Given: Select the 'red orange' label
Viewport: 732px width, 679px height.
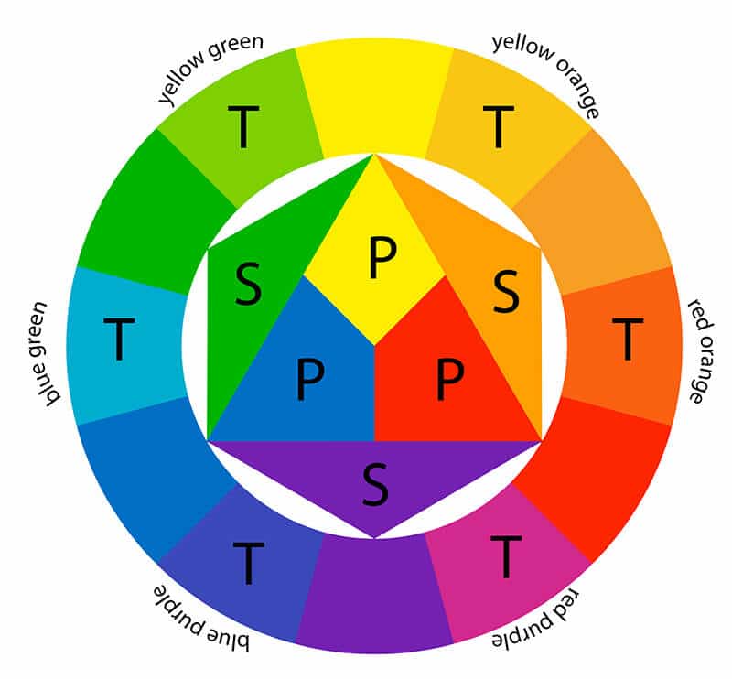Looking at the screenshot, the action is [702, 350].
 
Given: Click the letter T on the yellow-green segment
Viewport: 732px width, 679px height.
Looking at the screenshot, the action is [243, 126].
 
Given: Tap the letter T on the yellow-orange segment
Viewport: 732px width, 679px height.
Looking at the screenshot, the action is [498, 126].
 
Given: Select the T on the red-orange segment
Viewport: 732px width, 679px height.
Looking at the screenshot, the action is [628, 339].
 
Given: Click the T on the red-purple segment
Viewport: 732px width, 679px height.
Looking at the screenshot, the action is [506, 556].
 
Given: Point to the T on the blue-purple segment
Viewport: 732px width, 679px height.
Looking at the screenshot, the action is [248, 563].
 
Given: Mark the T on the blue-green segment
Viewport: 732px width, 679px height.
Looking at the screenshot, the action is [119, 339].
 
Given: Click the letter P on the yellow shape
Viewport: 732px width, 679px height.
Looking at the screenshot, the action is [382, 257].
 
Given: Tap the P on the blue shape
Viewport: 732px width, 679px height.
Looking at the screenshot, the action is [310, 379].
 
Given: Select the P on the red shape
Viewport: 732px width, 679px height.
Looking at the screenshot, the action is [449, 379].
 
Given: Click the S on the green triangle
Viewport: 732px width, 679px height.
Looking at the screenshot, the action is [248, 284].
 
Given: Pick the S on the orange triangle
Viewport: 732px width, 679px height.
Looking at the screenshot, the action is [506, 291].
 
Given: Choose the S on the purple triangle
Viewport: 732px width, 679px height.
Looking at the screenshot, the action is [375, 484].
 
